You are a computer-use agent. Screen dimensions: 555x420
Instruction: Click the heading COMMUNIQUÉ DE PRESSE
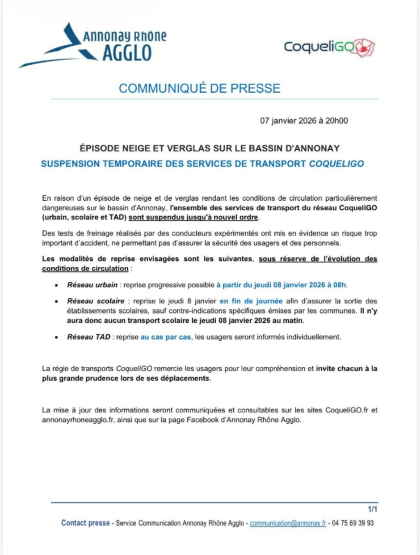point(199,88)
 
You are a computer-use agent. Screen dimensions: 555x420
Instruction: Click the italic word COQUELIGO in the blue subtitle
point(336,164)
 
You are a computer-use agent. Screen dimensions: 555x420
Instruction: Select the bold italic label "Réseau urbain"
point(92,285)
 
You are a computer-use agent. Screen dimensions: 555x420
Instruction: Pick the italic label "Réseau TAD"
point(89,337)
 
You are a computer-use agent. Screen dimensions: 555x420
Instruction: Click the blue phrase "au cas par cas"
point(166,337)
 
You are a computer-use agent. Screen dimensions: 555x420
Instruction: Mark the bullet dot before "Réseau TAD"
point(56,338)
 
